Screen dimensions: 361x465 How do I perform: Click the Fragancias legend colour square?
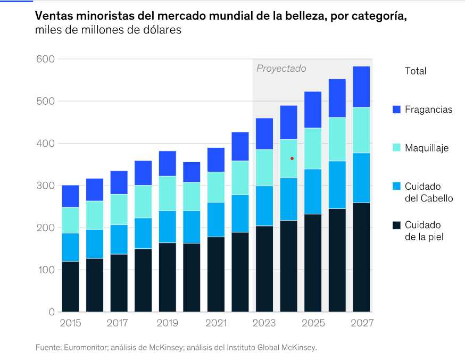pyautogui.click(x=396, y=110)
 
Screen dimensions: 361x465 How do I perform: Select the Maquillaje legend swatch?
pyautogui.click(x=396, y=148)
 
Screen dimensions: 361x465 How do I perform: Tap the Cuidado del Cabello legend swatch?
pyautogui.click(x=396, y=186)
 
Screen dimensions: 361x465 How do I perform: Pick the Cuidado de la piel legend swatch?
pyautogui.click(x=396, y=224)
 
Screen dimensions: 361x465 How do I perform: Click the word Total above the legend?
pyautogui.click(x=416, y=71)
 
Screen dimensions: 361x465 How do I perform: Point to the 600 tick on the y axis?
pyautogui.click(x=45, y=59)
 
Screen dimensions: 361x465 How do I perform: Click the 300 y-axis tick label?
pyautogui.click(x=45, y=186)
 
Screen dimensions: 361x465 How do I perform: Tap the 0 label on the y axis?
pyautogui.click(x=51, y=312)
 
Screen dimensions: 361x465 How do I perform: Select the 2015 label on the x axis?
pyautogui.click(x=70, y=323)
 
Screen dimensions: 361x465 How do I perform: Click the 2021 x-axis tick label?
pyautogui.click(x=215, y=323)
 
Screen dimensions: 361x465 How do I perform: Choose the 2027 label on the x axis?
pyautogui.click(x=362, y=323)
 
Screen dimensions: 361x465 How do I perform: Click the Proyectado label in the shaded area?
pyautogui.click(x=281, y=69)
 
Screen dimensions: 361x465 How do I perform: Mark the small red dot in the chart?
pyautogui.click(x=292, y=158)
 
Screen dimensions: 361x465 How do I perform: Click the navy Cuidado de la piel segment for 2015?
pyautogui.click(x=70, y=286)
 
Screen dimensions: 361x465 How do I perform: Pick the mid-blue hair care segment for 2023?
pyautogui.click(x=264, y=206)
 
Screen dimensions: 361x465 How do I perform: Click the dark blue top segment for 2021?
pyautogui.click(x=215, y=159)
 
